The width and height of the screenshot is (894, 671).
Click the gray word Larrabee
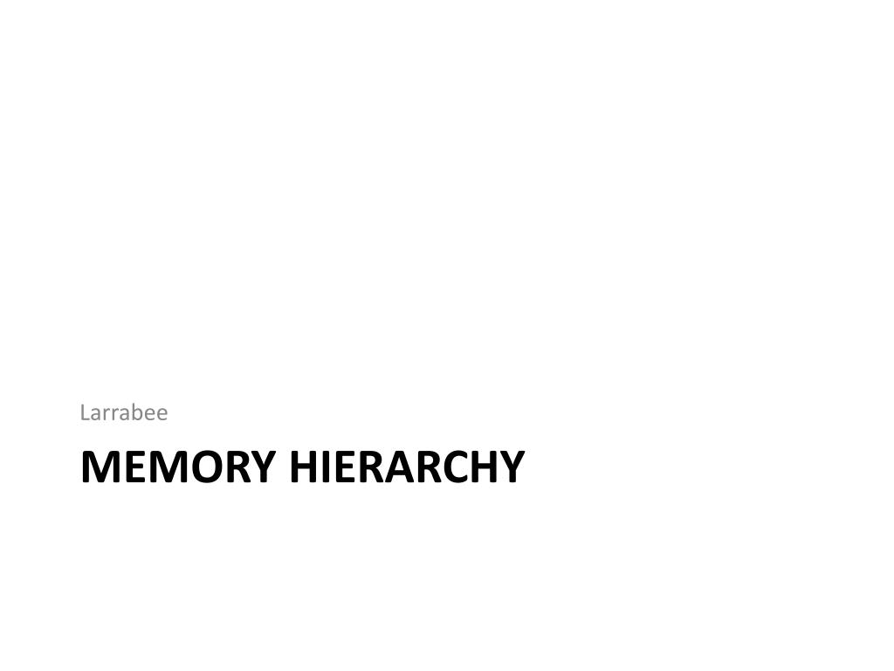pyautogui.click(x=124, y=412)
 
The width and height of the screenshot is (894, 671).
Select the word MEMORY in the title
pyautogui.click(x=178, y=467)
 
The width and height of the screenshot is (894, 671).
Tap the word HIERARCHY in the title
pyautogui.click(x=407, y=467)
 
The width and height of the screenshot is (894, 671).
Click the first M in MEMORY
pyautogui.click(x=98, y=467)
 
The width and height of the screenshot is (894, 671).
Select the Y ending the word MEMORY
pyautogui.click(x=263, y=467)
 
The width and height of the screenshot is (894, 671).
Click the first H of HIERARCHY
pyautogui.click(x=304, y=467)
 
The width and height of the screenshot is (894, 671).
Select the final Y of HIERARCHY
pyautogui.click(x=512, y=467)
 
